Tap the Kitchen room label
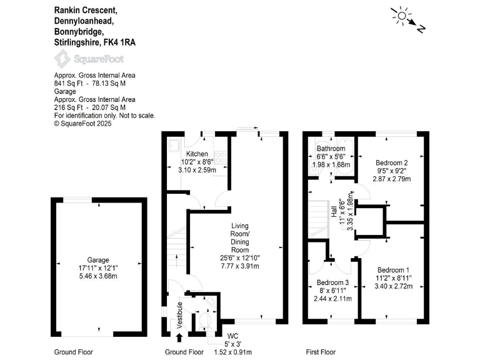pos(197,154)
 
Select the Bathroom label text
pos(331,149)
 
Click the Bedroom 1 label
pos(392,270)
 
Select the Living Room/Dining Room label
pos(240,234)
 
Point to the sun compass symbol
pos(401,15)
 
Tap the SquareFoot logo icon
pos(62,59)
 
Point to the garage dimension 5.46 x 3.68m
pos(98,277)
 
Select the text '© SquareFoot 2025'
pos(85,123)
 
